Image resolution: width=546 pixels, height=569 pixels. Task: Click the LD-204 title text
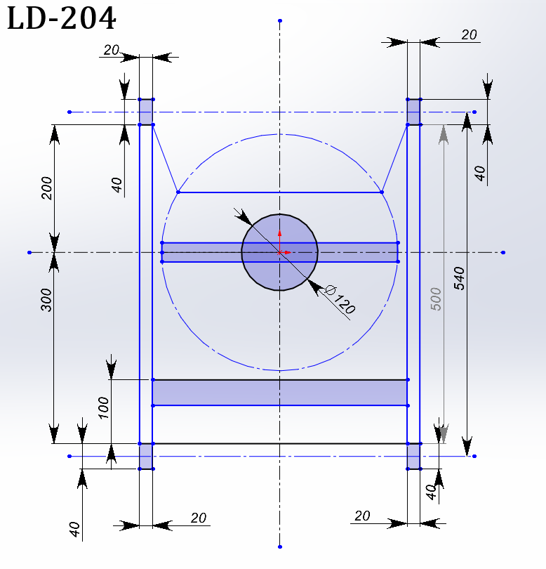pyautogui.click(x=61, y=18)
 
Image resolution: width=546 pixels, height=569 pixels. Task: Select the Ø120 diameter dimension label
pyautogui.click(x=340, y=299)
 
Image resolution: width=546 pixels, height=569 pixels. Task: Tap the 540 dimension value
pyautogui.click(x=459, y=278)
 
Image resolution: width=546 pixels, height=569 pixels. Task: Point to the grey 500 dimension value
pyautogui.click(x=436, y=299)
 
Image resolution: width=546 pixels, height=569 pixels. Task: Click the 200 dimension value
pyautogui.click(x=47, y=188)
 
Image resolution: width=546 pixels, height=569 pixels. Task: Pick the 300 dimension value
pyautogui.click(x=46, y=300)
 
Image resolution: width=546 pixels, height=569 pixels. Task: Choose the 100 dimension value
pyautogui.click(x=103, y=408)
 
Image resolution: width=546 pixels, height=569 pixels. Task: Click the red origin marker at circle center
pyautogui.click(x=280, y=252)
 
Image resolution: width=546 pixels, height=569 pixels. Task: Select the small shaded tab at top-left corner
pyautogui.click(x=146, y=112)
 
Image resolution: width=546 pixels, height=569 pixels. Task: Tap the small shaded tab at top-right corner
pyautogui.click(x=413, y=112)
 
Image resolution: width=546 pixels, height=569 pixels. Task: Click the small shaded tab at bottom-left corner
pyautogui.click(x=146, y=456)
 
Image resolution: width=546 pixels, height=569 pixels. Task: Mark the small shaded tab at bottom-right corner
pyautogui.click(x=413, y=456)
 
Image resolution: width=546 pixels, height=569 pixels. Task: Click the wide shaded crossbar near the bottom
pyautogui.click(x=280, y=393)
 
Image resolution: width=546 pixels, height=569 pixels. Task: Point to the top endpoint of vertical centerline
pyautogui.click(x=280, y=20)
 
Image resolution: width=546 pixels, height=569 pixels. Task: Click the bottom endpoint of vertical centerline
pyautogui.click(x=280, y=547)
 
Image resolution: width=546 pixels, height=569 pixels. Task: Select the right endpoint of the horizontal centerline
pyautogui.click(x=503, y=252)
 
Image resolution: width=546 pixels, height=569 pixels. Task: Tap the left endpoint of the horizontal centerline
pyautogui.click(x=29, y=252)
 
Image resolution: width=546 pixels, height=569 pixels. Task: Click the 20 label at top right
pyautogui.click(x=469, y=35)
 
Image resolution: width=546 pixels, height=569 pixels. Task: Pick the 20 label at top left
pyautogui.click(x=112, y=50)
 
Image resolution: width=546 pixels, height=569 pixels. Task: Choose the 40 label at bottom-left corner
pyautogui.click(x=74, y=530)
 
